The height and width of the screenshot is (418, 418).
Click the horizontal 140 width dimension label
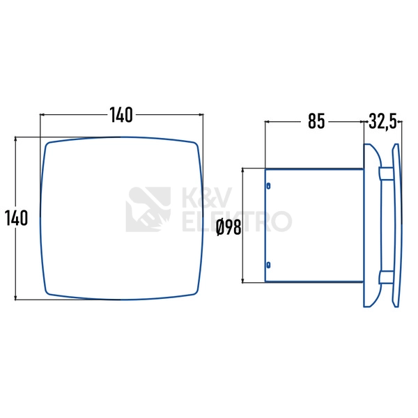[121, 115]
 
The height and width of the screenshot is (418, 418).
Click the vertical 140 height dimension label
[16, 218]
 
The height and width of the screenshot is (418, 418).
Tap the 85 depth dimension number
[316, 121]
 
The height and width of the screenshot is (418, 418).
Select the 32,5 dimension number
[383, 121]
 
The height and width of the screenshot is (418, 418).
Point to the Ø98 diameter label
[229, 228]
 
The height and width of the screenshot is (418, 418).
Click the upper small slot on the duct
[268, 186]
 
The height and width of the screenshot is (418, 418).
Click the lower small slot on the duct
[268, 265]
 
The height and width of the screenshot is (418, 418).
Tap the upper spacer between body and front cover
[386, 173]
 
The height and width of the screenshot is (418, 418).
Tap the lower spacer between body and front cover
[386, 277]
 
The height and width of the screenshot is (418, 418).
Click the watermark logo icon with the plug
[148, 209]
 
